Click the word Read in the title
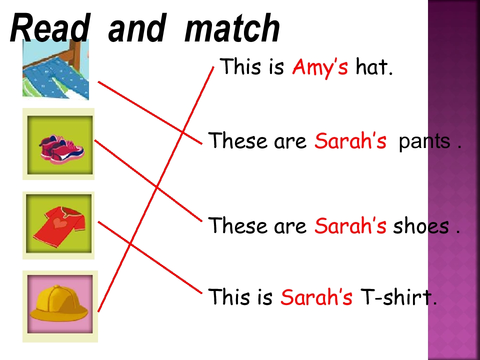pyautogui.click(x=48, y=28)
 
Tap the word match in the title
pyautogui.click(x=232, y=28)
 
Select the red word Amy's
pyautogui.click(x=320, y=66)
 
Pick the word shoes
pyautogui.click(x=421, y=226)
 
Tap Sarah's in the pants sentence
pyautogui.click(x=350, y=142)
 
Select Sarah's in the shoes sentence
pyautogui.click(x=350, y=226)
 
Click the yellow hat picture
pyautogui.click(x=59, y=305)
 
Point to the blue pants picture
pyautogui.click(x=55, y=70)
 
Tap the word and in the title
pyautogui.click(x=135, y=28)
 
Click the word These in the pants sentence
pyautogui.click(x=238, y=142)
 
